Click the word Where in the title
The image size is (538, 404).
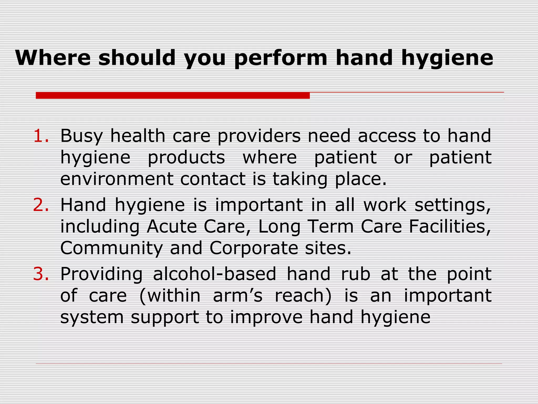click(x=53, y=58)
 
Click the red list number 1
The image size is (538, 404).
click(x=41, y=136)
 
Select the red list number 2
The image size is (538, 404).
click(x=41, y=205)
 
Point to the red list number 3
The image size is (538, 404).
click(x=41, y=274)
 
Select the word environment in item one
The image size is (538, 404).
click(x=117, y=179)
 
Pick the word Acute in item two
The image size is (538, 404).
click(x=172, y=226)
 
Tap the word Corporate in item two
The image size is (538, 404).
click(x=254, y=249)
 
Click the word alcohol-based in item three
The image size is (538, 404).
click(x=214, y=274)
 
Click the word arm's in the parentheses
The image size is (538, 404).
click(x=237, y=295)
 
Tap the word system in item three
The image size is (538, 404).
click(x=92, y=317)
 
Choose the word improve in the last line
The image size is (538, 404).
click(x=266, y=317)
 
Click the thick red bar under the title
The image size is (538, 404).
click(x=173, y=95)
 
